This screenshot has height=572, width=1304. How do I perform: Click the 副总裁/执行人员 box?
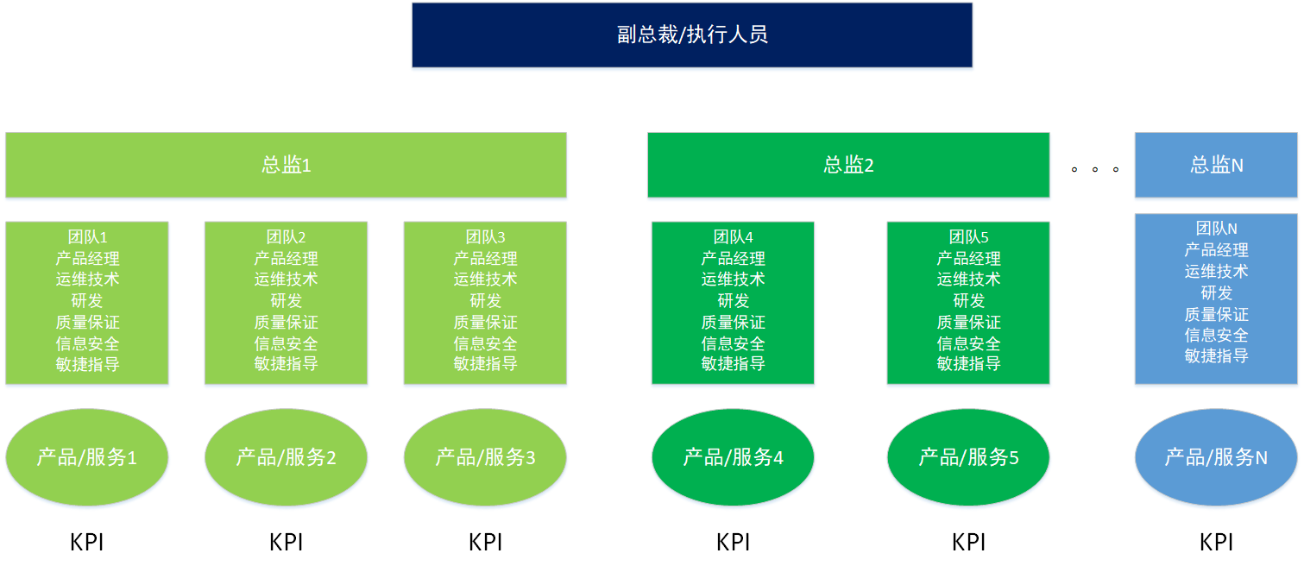[x=691, y=35]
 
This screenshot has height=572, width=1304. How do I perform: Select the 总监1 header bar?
[x=286, y=165]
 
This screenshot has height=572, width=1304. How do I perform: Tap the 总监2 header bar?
[x=848, y=165]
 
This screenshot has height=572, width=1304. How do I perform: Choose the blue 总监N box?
[x=1216, y=165]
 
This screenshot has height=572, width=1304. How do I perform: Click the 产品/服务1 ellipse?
[x=87, y=457]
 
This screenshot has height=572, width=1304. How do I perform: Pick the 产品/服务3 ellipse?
[x=485, y=457]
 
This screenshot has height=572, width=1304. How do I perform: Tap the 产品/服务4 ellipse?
[x=733, y=457]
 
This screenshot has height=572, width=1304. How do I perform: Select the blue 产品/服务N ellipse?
[x=1216, y=457]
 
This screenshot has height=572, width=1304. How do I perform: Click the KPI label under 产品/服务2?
[x=286, y=543]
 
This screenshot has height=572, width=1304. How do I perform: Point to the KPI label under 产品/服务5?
[x=968, y=543]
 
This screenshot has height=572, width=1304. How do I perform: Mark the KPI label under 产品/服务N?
[x=1216, y=543]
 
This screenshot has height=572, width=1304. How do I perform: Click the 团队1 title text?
[x=87, y=237]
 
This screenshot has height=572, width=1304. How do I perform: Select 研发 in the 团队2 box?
[x=286, y=301]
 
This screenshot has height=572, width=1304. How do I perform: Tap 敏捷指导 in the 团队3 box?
[x=485, y=364]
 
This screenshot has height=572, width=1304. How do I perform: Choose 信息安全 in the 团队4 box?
[x=733, y=343]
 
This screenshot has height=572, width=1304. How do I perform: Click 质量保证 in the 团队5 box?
[x=968, y=323]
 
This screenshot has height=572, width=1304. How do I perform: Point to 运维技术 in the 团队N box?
[x=1216, y=272]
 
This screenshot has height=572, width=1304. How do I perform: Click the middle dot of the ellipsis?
[x=1094, y=169]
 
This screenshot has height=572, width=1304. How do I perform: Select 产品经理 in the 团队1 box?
[x=87, y=259]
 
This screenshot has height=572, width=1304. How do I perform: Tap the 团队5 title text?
[x=968, y=237]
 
